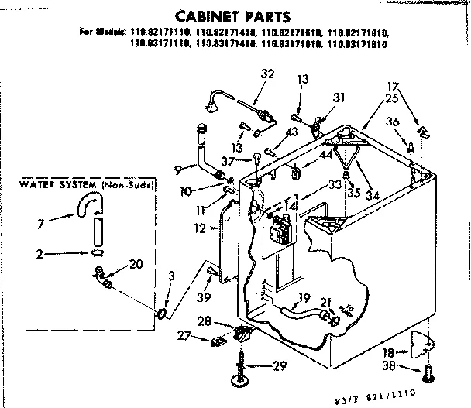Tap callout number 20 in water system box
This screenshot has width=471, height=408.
136,264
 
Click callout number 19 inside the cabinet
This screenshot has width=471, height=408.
304,297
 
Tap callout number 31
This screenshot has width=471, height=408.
338,98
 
